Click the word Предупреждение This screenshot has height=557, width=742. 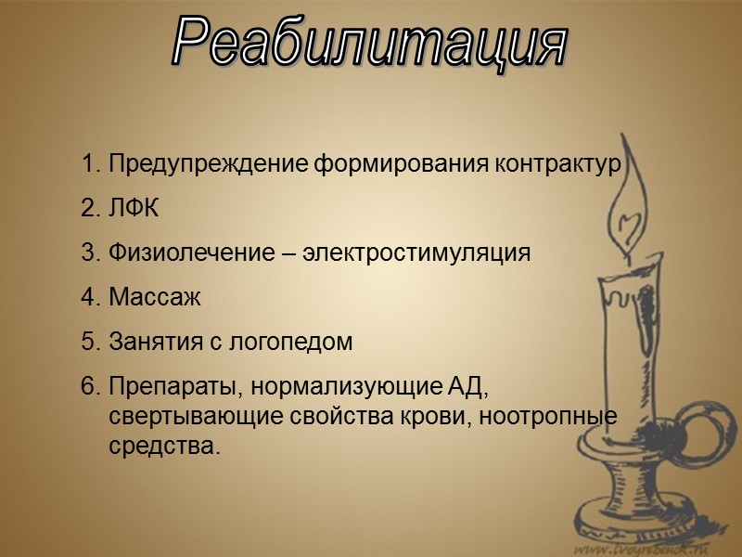coord(209,165)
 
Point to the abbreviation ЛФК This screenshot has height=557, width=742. coord(134,209)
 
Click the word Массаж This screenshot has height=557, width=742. coord(154,297)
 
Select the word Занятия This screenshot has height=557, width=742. coord(152,341)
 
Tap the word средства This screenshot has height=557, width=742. coord(163,447)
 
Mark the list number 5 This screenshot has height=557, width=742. coord(89,341)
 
